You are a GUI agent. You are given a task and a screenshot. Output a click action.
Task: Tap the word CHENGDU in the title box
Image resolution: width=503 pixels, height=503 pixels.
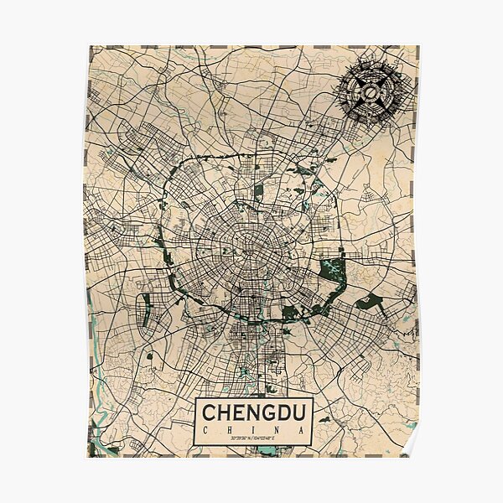click(x=253, y=413)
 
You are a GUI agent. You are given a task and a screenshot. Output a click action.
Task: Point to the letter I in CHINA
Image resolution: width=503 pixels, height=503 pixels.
click(x=253, y=431)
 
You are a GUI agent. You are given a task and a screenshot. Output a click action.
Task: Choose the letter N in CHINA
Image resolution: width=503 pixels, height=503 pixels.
click(x=277, y=431)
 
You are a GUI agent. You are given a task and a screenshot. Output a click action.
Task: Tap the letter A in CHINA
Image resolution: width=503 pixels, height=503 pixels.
click(x=300, y=431)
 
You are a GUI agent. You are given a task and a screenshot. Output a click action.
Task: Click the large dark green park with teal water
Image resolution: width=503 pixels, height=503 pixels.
click(x=332, y=270)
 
